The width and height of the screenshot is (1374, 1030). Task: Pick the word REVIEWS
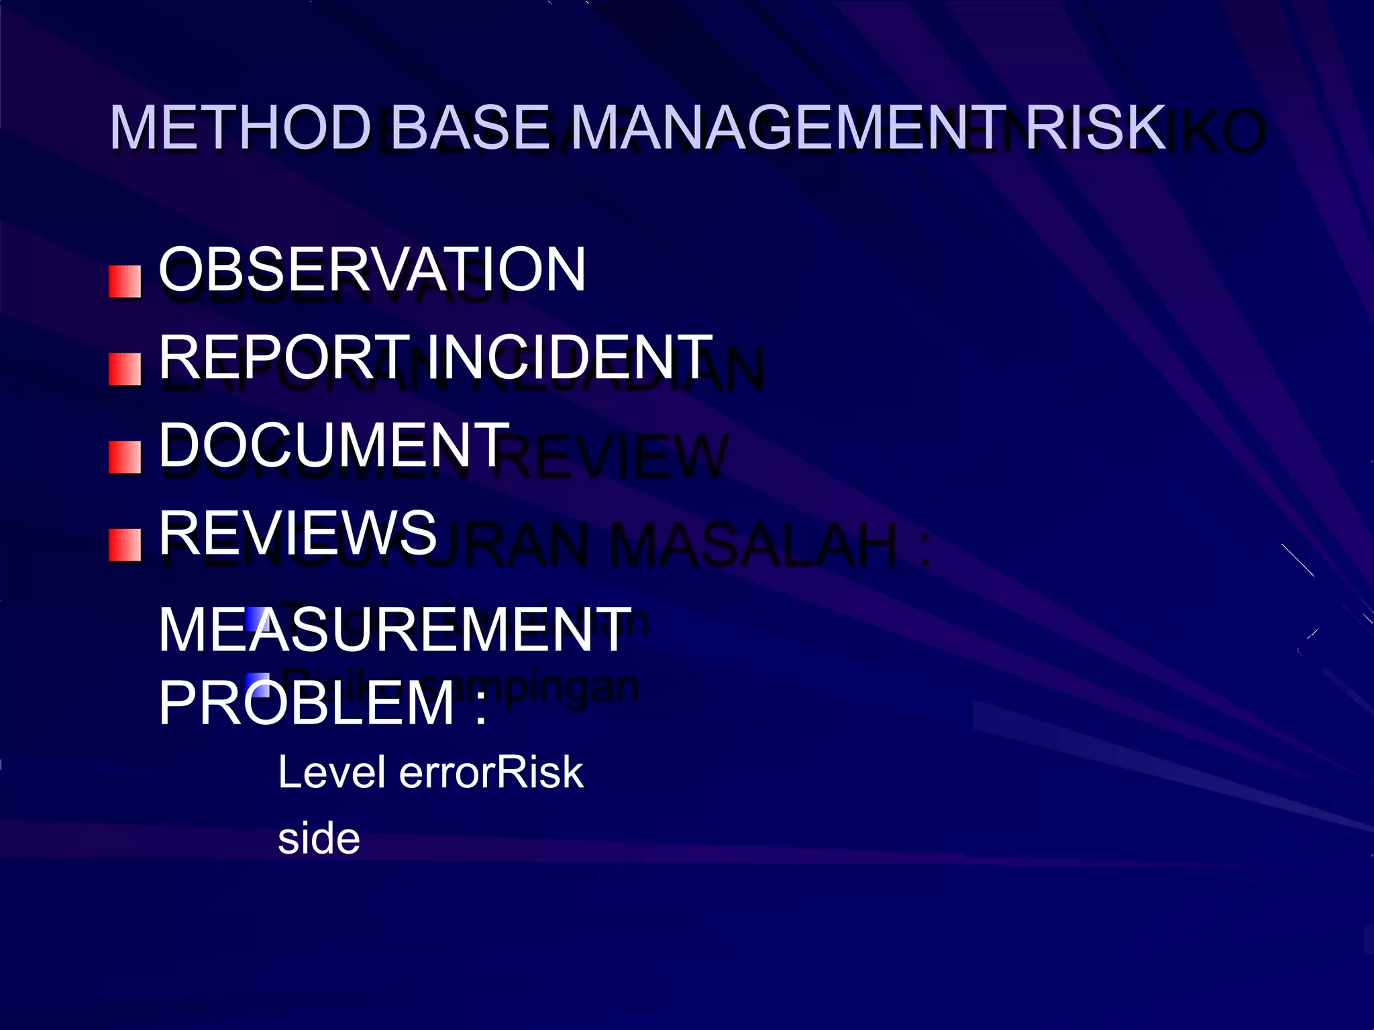pyautogui.click(x=298, y=533)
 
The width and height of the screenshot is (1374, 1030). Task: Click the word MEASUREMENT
pyautogui.click(x=394, y=630)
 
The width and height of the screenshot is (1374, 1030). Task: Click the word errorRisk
pyautogui.click(x=491, y=772)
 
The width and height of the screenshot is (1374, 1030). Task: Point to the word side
pyautogui.click(x=319, y=839)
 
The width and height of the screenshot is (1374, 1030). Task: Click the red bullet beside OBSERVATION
pyautogui.click(x=125, y=282)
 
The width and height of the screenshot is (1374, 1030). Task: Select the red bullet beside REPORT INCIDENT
pyautogui.click(x=125, y=369)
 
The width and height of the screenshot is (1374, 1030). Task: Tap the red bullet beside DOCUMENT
pyautogui.click(x=125, y=457)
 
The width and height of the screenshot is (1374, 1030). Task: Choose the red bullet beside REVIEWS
pyautogui.click(x=125, y=545)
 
